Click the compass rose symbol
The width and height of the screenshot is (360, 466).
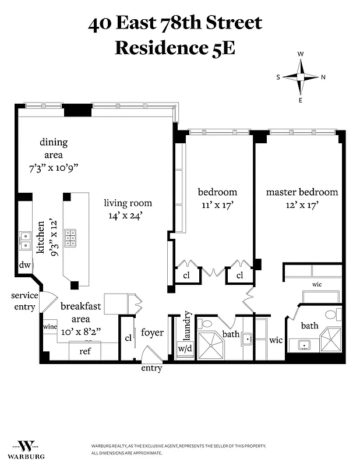click(301, 77)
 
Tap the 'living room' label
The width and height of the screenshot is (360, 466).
click(128, 203)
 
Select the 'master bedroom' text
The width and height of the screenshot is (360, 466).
click(302, 192)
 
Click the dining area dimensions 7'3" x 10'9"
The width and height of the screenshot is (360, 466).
click(53, 167)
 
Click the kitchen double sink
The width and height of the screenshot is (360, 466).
click(26, 239)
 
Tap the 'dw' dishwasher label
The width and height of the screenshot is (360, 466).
click(24, 264)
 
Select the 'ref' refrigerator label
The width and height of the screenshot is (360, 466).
click(85, 351)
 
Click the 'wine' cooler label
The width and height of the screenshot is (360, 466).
click(50, 327)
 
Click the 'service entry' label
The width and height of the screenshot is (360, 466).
click(24, 301)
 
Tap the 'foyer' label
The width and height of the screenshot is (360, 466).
click(152, 333)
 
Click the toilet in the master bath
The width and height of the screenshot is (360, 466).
click(330, 315)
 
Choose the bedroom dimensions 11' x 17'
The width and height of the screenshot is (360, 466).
click(217, 205)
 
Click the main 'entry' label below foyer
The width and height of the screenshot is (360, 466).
click(151, 369)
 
